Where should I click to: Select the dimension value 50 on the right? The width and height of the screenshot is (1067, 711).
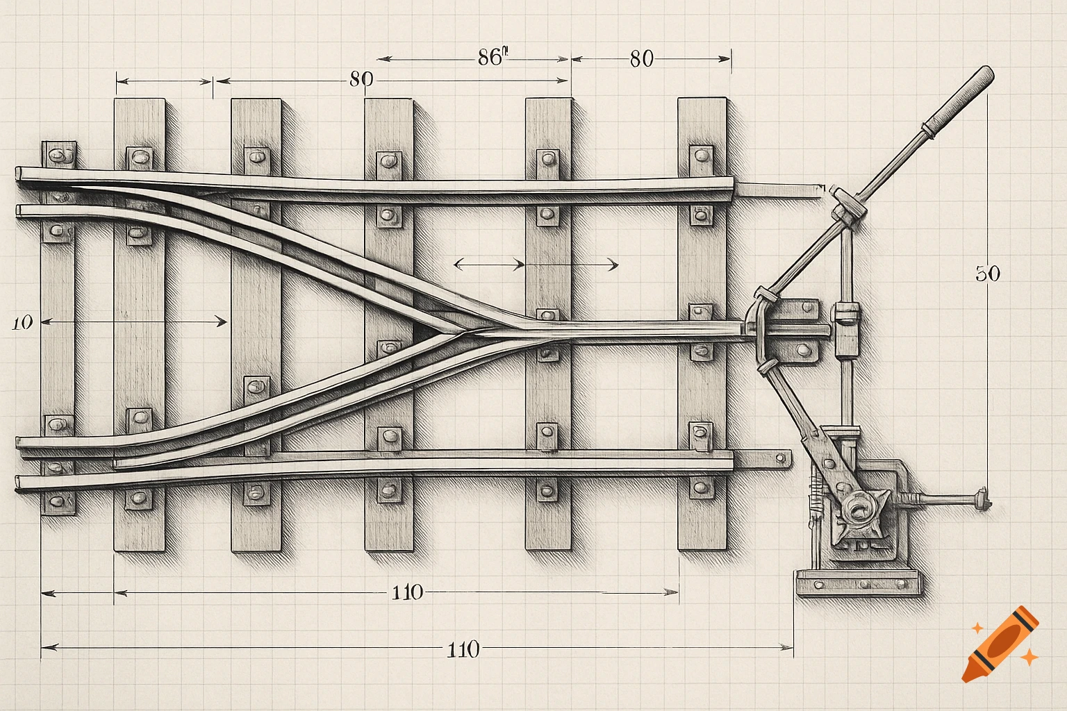coord(987,274)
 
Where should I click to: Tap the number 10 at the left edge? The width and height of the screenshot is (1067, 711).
coord(22,322)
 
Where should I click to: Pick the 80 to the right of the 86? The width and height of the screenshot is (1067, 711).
coord(641,59)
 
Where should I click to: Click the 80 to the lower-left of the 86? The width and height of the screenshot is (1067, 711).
coord(361,79)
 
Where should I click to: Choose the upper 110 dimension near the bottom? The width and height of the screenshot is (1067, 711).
coord(407,592)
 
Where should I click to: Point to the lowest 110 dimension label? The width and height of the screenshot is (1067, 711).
coord(463,650)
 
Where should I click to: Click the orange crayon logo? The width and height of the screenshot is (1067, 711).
coord(1001,644)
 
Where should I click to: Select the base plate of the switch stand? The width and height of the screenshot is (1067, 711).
coord(859,583)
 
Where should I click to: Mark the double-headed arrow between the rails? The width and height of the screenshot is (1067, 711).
coord(535,265)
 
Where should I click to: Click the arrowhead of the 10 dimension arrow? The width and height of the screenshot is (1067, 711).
coord(222,321)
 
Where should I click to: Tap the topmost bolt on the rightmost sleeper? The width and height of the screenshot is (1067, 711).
coord(700,154)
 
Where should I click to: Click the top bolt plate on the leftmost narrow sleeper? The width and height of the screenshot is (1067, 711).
coord(59,153)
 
